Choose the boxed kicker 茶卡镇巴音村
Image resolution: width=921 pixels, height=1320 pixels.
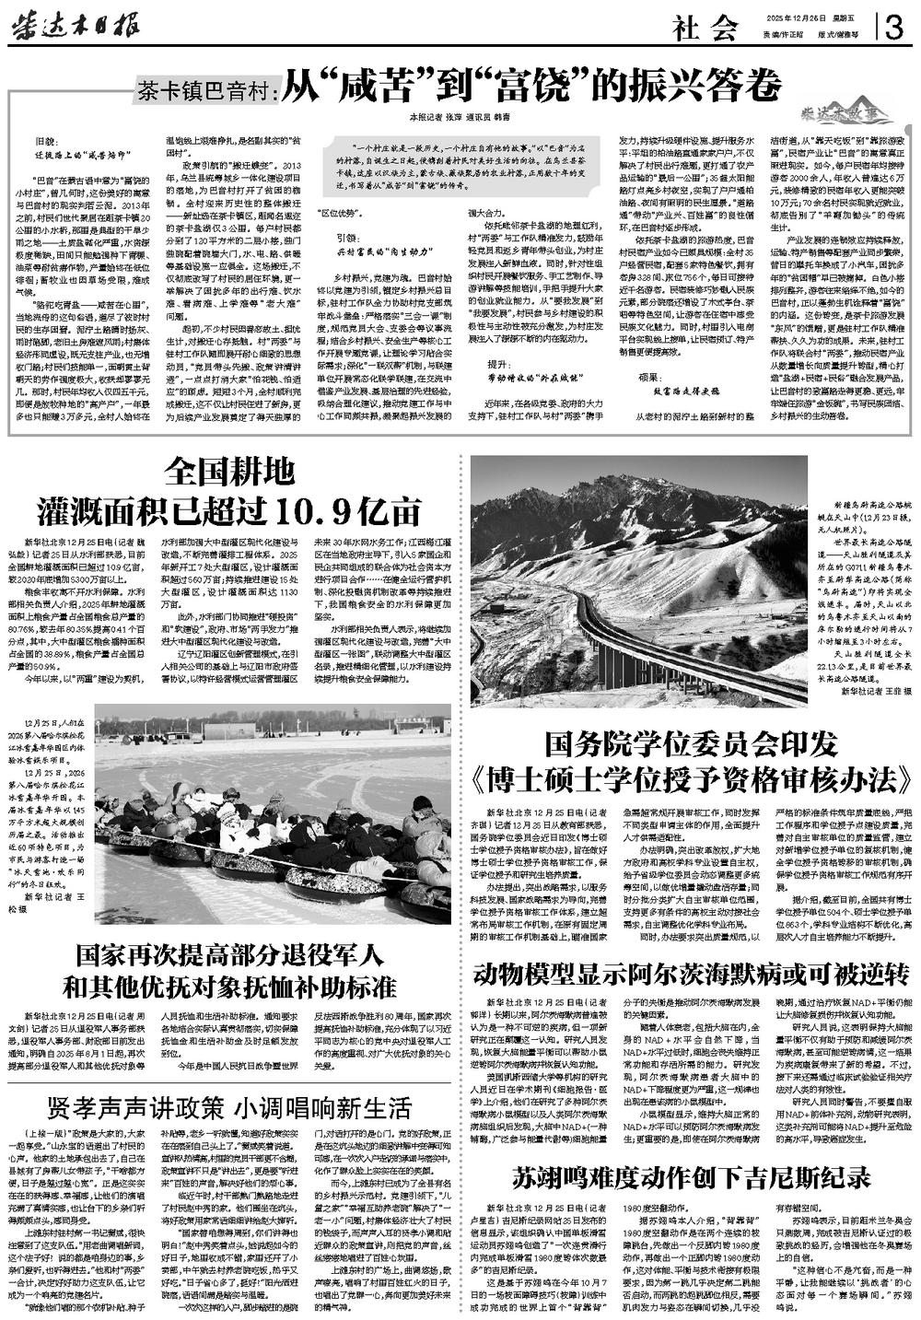coord(204,90)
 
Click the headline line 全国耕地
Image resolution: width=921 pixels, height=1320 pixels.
coord(229,473)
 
